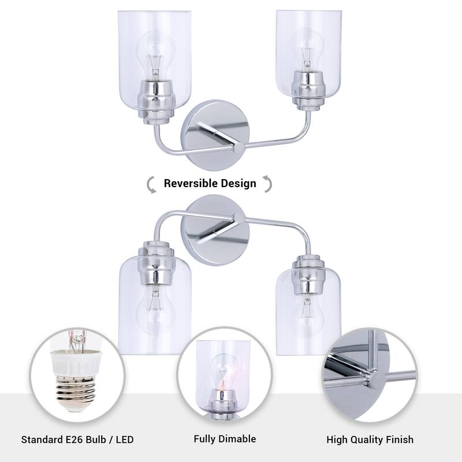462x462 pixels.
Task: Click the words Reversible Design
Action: pyautogui.click(x=210, y=184)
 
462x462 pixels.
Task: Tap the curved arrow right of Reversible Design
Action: pyautogui.click(x=267, y=184)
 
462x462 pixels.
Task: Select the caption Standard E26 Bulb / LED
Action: pyautogui.click(x=77, y=439)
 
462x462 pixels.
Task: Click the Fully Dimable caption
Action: pyautogui.click(x=225, y=439)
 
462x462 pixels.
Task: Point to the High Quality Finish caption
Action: pyautogui.click(x=370, y=439)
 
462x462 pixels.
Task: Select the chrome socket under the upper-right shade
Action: pyautogui.click(x=306, y=87)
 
